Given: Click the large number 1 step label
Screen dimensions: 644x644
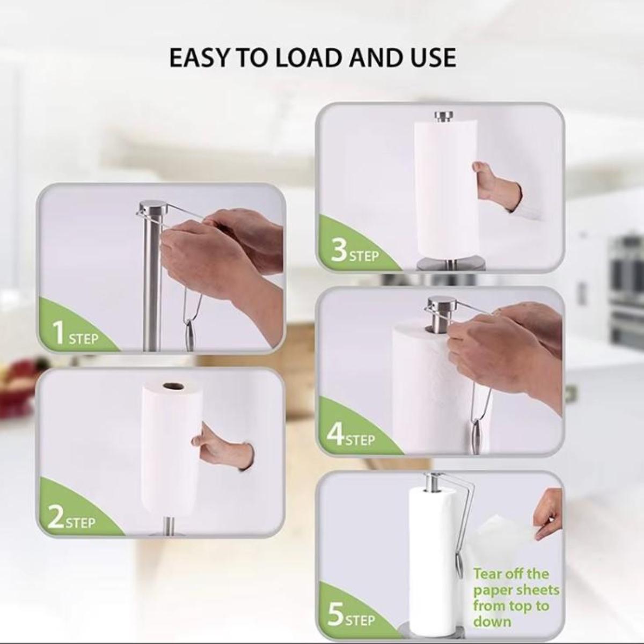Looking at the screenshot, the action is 59,333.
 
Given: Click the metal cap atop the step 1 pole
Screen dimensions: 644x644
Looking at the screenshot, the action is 153,205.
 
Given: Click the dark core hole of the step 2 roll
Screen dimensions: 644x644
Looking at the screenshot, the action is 173,386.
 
